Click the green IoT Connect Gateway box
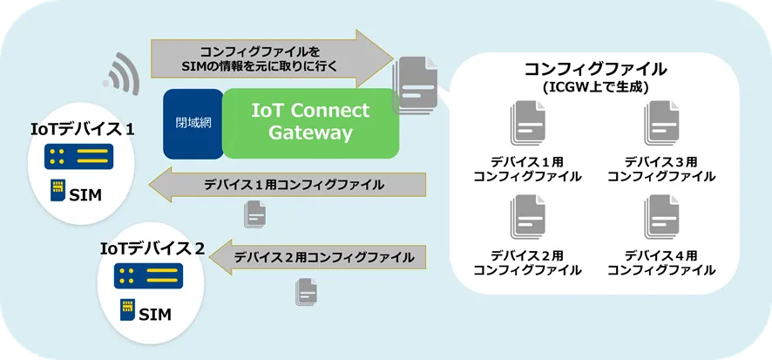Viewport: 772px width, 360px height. click(310, 124)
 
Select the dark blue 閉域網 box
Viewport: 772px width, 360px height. click(193, 124)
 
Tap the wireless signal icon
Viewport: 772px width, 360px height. click(121, 74)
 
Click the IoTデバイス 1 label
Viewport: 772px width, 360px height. click(83, 130)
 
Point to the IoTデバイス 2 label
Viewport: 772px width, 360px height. click(152, 248)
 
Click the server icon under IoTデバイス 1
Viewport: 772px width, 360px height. click(78, 157)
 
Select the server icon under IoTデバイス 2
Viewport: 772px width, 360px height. click(148, 275)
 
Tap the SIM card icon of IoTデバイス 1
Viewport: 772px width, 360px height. click(58, 191)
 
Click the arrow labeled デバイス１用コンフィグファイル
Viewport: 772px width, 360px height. click(287, 185)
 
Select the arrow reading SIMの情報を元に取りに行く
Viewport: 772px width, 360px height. click(272, 59)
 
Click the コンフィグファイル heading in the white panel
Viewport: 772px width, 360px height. click(595, 69)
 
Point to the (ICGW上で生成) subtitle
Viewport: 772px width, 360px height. click(595, 88)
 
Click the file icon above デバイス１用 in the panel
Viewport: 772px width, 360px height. click(527, 123)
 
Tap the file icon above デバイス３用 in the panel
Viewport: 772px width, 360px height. click(661, 123)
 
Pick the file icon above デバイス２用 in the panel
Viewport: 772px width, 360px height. click(527, 217)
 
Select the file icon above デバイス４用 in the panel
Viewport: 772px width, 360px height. click(661, 217)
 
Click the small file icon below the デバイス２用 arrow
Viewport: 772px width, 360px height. click(306, 291)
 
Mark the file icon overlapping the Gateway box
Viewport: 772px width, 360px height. click(415, 85)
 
